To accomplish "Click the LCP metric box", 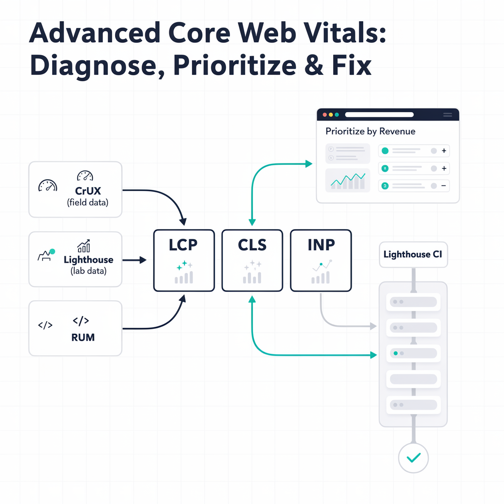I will (x=184, y=260).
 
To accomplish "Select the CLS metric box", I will (x=252, y=260).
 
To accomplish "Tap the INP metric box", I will (x=320, y=260).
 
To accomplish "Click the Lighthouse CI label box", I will (x=413, y=254).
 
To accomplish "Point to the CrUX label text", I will (x=87, y=190).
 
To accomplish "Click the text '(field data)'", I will (x=87, y=202).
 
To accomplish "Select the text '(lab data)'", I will (x=88, y=271).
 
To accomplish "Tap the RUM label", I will (x=83, y=338).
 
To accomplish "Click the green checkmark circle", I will (x=413, y=458).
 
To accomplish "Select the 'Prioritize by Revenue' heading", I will (x=370, y=131).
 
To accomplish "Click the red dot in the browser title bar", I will (x=325, y=115).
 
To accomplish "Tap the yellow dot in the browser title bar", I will (x=331, y=115).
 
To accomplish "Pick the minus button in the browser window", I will (x=443, y=186).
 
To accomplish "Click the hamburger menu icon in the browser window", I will (x=447, y=115).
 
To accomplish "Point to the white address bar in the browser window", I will (x=379, y=115).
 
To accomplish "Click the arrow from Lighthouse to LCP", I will (x=134, y=260).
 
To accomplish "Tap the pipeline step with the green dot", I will (x=413, y=353).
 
